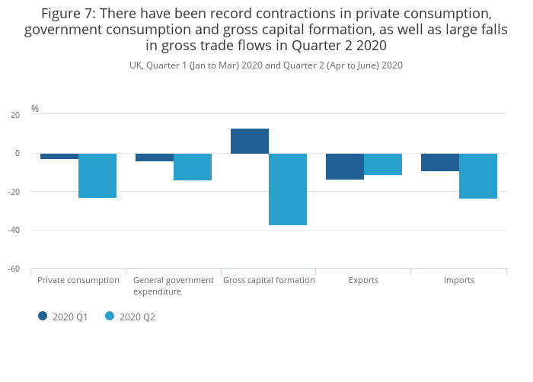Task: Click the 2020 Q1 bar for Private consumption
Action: click(x=59, y=156)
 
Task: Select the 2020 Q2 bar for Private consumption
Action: click(x=97, y=176)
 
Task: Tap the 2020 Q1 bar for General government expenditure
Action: click(x=155, y=158)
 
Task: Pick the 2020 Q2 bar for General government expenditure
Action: click(x=193, y=167)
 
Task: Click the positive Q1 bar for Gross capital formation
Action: click(x=250, y=141)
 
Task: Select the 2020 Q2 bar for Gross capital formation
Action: click(x=288, y=189)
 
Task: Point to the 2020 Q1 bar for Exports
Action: click(x=345, y=167)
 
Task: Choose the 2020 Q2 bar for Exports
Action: click(x=383, y=164)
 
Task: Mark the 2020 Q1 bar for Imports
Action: click(x=440, y=162)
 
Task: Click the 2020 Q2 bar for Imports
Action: click(x=478, y=176)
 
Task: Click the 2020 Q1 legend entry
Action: click(x=64, y=317)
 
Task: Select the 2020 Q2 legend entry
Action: click(x=130, y=317)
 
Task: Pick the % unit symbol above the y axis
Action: click(x=35, y=109)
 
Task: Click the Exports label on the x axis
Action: click(x=363, y=280)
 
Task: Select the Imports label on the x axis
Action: click(x=458, y=280)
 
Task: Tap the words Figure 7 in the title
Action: click(x=68, y=14)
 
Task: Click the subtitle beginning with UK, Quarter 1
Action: click(x=266, y=65)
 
